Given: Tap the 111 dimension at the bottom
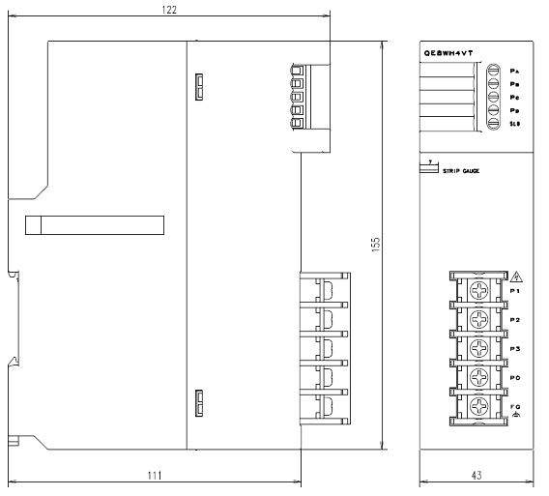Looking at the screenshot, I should point(155,475).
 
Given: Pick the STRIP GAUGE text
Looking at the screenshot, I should point(462,171).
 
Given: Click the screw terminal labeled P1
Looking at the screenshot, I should point(478,289).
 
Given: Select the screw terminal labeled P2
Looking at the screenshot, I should point(478,318).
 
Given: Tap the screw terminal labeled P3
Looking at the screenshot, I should point(478,347).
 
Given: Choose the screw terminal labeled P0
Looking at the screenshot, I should point(478,376).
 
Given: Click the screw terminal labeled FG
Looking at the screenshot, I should point(478,405).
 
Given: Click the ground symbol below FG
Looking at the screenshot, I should point(515,415).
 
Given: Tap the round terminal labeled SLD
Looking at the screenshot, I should point(492,125).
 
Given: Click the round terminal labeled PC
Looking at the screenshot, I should point(492,98).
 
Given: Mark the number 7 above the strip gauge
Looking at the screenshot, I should point(428,160).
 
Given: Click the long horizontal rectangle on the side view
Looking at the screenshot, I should point(95,225).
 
